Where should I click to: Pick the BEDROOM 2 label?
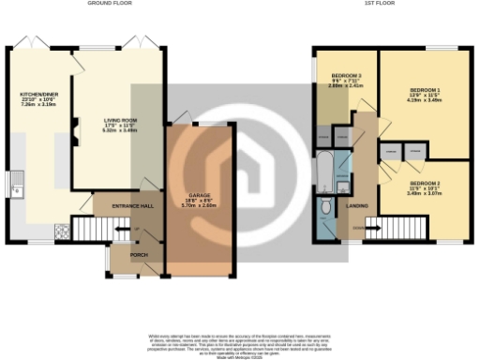[x=425, y=183]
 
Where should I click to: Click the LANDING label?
[x=356, y=204]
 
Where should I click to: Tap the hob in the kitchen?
[x=63, y=230]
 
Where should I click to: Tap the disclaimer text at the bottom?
[x=240, y=341]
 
